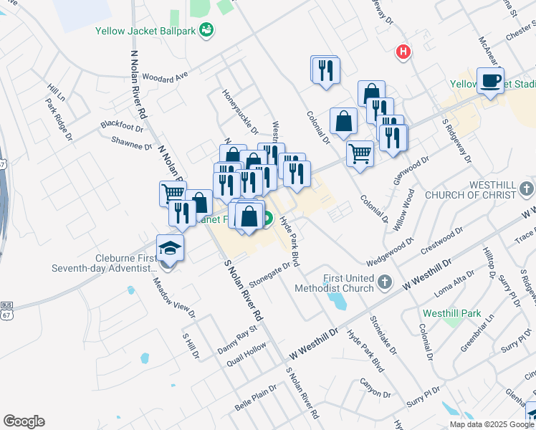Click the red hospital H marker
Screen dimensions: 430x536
point(404,52)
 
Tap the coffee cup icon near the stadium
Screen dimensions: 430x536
point(490,81)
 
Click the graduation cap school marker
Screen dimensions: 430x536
point(170,248)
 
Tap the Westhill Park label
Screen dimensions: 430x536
point(471,313)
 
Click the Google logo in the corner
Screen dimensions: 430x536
point(24,421)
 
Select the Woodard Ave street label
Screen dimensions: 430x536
point(165,75)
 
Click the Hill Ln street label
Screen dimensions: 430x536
point(56,92)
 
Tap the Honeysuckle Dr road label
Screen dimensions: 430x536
point(240,112)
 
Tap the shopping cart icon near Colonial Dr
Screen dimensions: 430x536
point(360,152)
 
